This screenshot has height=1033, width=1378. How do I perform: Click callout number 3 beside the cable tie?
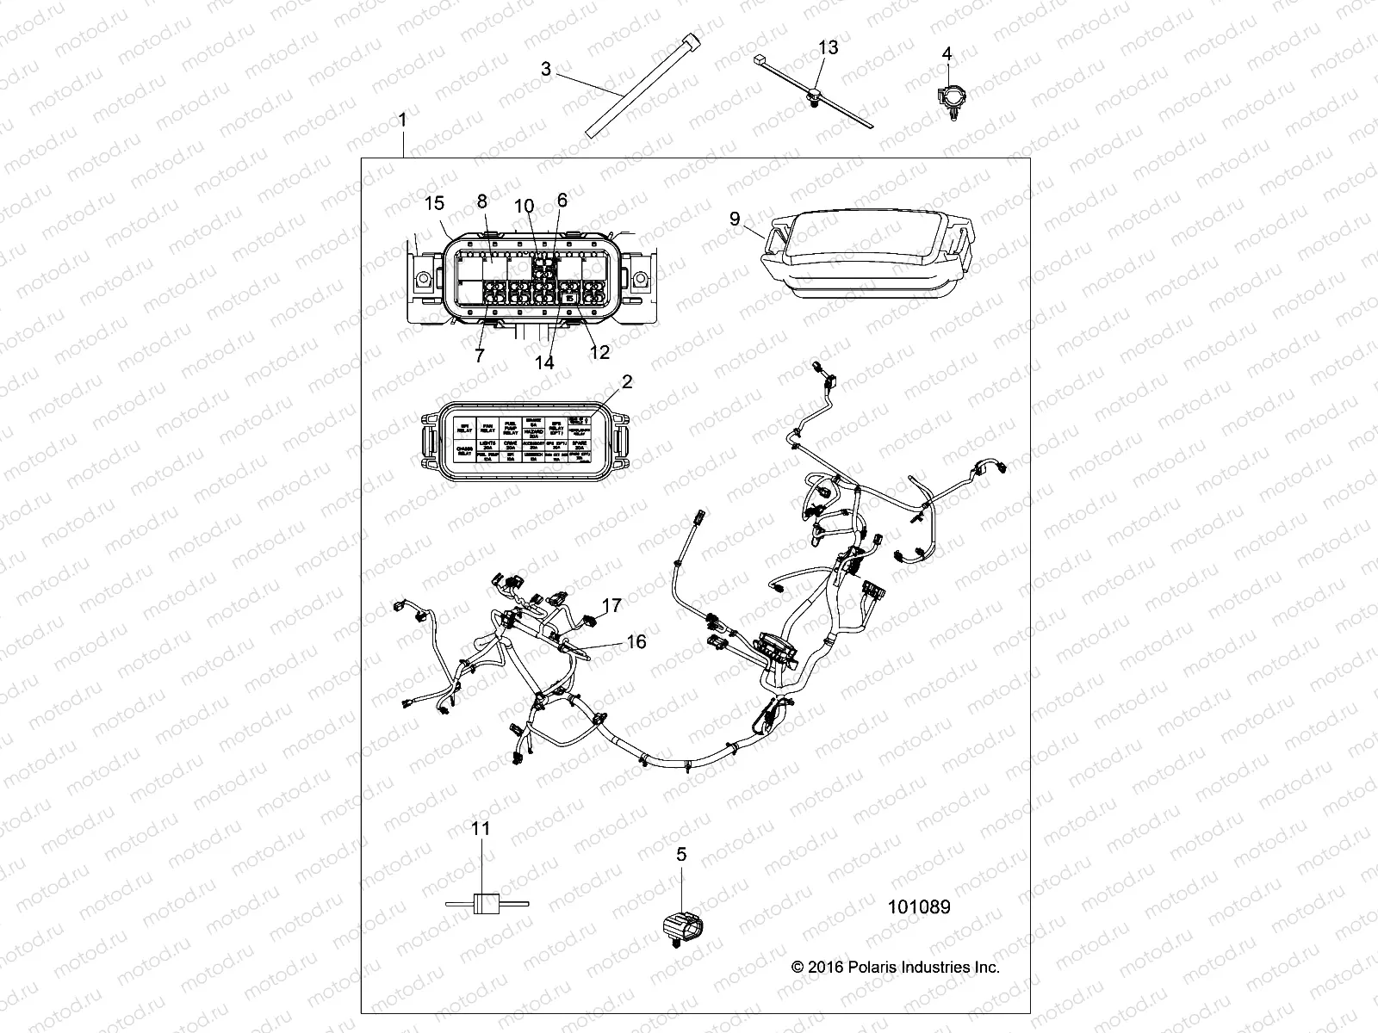tap(546, 69)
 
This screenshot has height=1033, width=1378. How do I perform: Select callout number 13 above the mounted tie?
tap(827, 47)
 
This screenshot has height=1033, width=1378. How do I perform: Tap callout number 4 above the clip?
tap(947, 53)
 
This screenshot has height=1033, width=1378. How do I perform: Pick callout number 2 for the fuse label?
tap(627, 381)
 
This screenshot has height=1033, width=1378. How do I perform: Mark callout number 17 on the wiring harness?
tap(611, 606)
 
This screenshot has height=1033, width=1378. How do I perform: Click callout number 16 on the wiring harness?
tap(636, 641)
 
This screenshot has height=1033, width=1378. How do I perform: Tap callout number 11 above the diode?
tap(481, 828)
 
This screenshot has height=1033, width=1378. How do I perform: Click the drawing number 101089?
tap(919, 906)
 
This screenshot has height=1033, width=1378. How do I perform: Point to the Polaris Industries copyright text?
tap(896, 967)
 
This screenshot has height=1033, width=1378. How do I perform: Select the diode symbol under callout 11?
tap(487, 903)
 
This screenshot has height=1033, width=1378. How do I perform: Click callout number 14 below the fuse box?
tap(544, 362)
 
